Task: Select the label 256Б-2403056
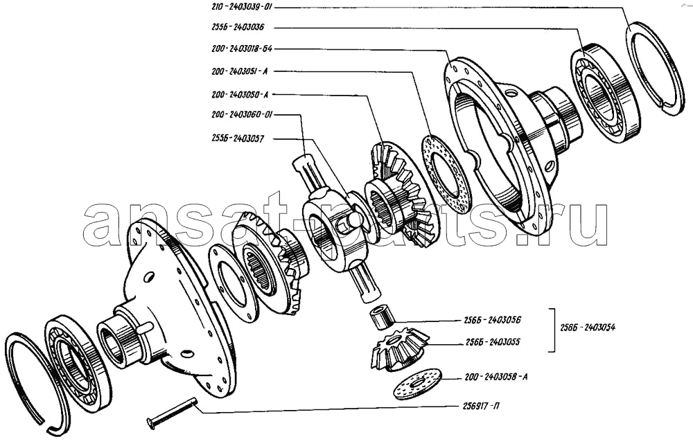click(x=490, y=321)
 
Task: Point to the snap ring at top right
click(x=654, y=69)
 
